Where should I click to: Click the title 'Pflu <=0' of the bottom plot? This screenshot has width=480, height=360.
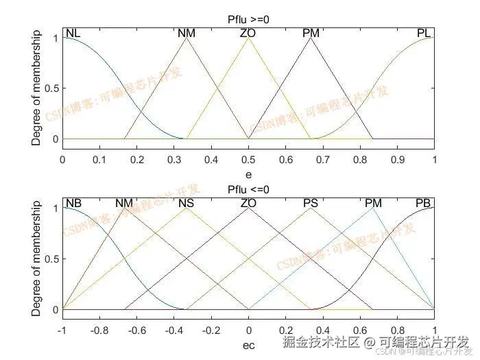[x=248, y=189]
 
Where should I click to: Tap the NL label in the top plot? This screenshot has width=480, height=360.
[x=73, y=33]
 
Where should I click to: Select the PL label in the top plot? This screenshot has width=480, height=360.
[x=424, y=33]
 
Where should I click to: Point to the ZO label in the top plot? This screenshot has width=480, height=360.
[x=248, y=33]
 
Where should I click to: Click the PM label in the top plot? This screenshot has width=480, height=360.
[x=311, y=33]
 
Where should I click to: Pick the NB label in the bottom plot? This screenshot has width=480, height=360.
[x=73, y=203]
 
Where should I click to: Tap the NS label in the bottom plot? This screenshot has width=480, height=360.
[x=187, y=203]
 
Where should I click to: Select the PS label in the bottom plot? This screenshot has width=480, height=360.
[x=311, y=203]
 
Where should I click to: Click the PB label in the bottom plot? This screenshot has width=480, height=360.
[x=424, y=203]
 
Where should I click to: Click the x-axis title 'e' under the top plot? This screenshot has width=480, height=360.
[x=248, y=174]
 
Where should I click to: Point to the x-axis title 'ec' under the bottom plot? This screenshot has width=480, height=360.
[x=248, y=345]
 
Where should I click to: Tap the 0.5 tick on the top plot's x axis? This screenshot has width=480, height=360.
[x=248, y=160]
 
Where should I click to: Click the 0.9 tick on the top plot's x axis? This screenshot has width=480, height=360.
[x=397, y=160]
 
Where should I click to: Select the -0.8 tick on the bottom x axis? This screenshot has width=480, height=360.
[x=99, y=331]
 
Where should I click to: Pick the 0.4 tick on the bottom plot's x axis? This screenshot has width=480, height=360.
[x=323, y=331]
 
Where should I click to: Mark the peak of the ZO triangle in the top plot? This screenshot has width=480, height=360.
[x=248, y=37]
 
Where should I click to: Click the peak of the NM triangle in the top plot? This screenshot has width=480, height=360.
[x=187, y=37]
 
